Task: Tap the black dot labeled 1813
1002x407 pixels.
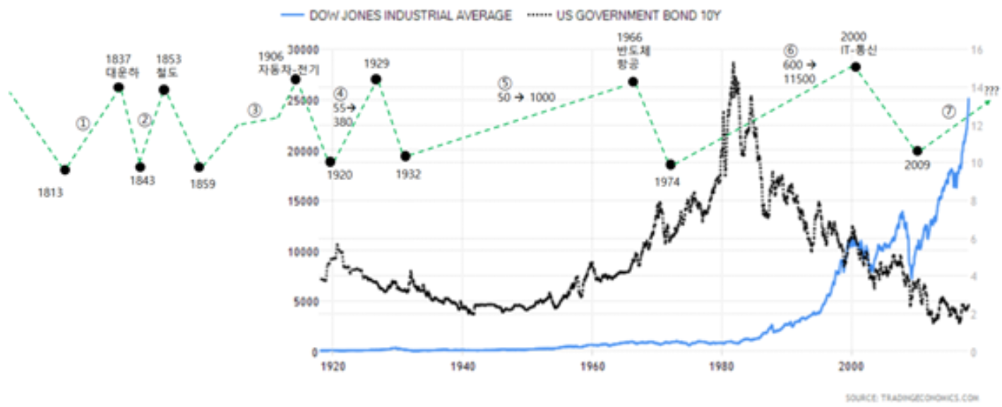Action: pyautogui.click(x=64, y=170)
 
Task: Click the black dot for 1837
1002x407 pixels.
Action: pyautogui.click(x=119, y=87)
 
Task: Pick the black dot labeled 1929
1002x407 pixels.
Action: pyautogui.click(x=377, y=79)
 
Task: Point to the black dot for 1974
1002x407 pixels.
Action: pyautogui.click(x=671, y=165)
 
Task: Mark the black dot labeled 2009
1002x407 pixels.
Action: pyautogui.click(x=917, y=151)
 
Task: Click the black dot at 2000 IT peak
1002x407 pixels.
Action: pyautogui.click(x=855, y=66)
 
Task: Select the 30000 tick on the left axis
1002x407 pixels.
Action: pyautogui.click(x=302, y=49)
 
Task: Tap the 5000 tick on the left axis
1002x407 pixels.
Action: pyautogui.click(x=305, y=302)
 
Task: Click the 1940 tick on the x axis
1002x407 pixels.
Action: pyautogui.click(x=463, y=367)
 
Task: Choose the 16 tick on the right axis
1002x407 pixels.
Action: pyautogui.click(x=977, y=49)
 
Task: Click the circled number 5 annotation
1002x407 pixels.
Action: pyautogui.click(x=504, y=83)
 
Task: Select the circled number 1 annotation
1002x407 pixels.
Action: pyautogui.click(x=83, y=124)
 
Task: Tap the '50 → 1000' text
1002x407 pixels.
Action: pyautogui.click(x=526, y=98)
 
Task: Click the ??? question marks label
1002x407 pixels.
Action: pyautogui.click(x=991, y=90)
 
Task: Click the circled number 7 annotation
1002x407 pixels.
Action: pyautogui.click(x=948, y=112)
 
